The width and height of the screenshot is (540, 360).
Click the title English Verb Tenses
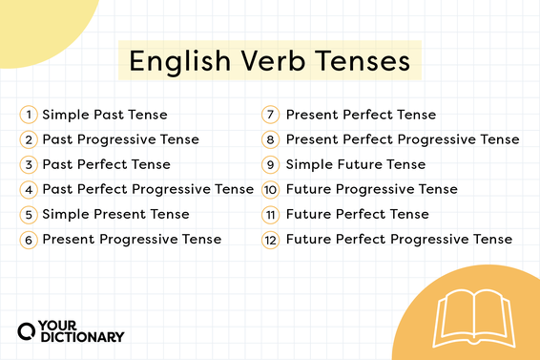point(270,62)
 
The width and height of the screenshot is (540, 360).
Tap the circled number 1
point(30,115)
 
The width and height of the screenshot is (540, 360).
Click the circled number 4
point(30,189)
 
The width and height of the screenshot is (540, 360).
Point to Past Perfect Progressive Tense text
point(148,189)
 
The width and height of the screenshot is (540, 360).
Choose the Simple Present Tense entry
point(115,214)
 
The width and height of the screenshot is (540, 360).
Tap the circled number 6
point(30,239)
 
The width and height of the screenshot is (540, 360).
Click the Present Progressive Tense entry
point(132,239)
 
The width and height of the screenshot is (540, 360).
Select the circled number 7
point(270,115)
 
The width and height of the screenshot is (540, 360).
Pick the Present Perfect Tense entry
point(361,115)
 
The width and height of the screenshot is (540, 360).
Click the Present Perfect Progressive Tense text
point(403,139)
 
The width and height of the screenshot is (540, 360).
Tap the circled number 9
point(270,164)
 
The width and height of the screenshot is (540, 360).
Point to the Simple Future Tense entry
point(356,164)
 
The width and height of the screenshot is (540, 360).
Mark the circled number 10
point(270,189)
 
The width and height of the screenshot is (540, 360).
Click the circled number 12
point(270,239)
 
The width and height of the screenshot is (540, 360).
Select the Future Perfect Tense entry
point(358,214)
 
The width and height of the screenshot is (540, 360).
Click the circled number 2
point(30,139)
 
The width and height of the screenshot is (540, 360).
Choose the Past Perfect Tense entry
point(106,164)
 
